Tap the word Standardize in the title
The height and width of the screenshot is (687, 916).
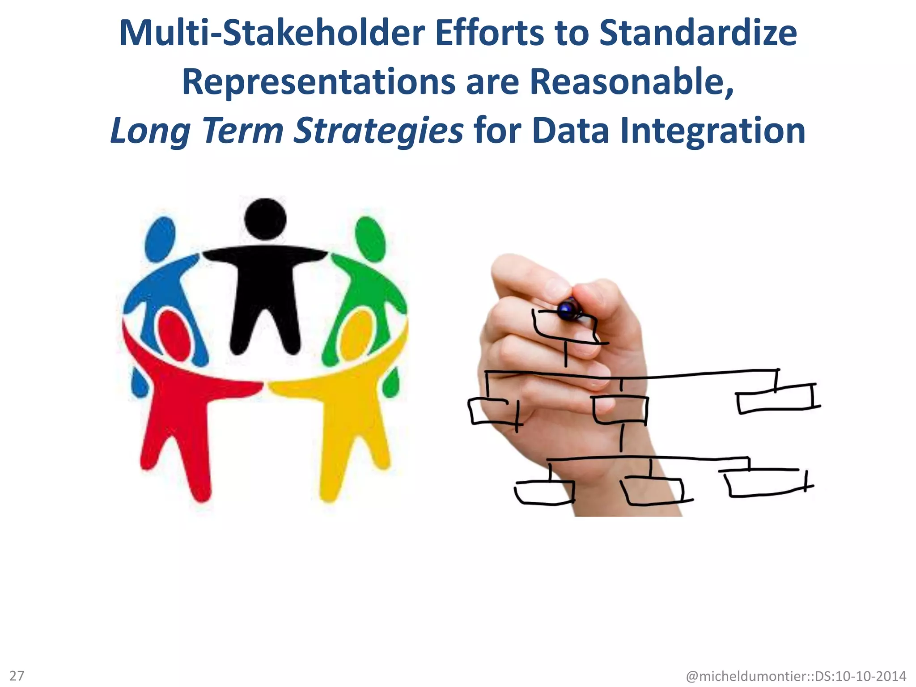698,34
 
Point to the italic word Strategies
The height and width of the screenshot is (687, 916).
378,131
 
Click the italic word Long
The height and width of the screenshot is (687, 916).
150,131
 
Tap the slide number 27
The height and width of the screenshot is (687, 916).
17,675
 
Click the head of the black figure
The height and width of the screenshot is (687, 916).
265,219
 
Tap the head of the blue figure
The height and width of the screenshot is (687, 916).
160,239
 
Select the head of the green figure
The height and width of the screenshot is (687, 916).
370,239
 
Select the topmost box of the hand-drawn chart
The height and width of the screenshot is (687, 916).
564,327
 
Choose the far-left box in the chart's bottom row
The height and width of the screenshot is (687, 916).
545,492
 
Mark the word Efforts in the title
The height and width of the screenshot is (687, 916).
489,34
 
